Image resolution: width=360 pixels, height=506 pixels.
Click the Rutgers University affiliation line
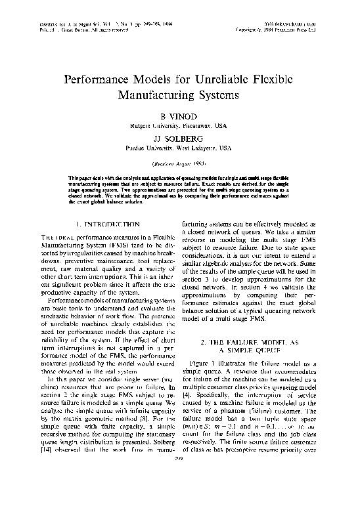pos(179,123)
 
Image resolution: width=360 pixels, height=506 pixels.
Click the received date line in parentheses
pos(179,162)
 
